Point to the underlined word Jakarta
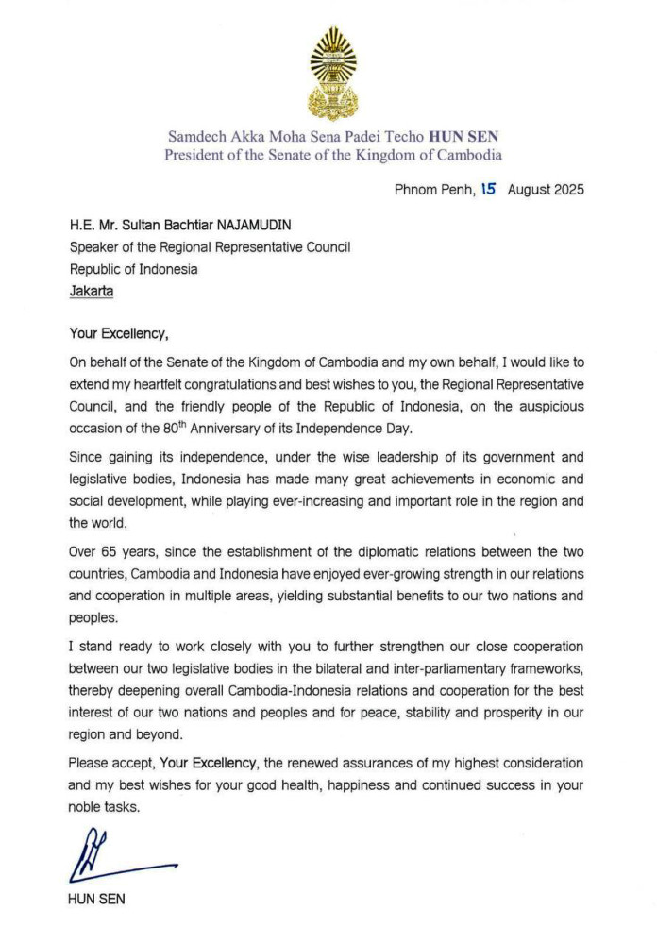pyautogui.click(x=92, y=292)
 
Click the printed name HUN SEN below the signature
pyautogui.click(x=97, y=900)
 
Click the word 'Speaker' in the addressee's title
pyautogui.click(x=95, y=247)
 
